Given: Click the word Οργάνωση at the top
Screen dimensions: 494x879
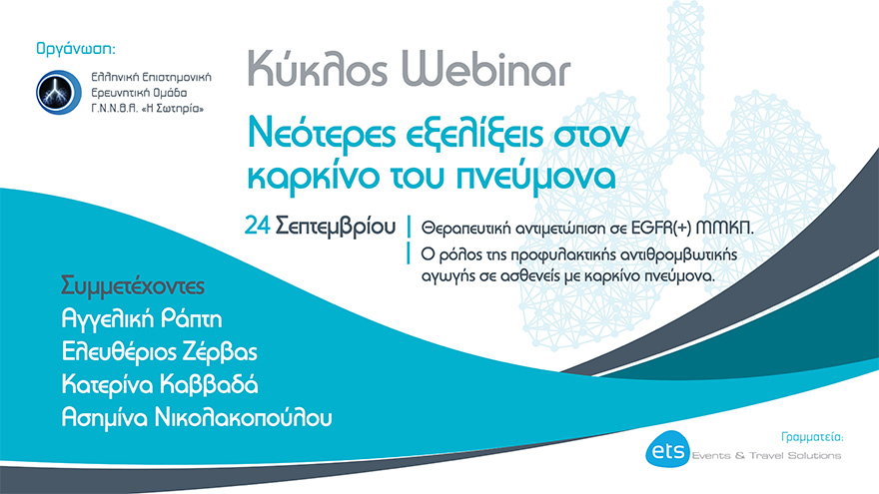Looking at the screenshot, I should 74,47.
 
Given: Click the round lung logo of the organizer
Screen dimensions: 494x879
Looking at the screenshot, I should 56,91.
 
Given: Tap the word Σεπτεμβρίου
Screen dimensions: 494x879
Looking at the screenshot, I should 335,227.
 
